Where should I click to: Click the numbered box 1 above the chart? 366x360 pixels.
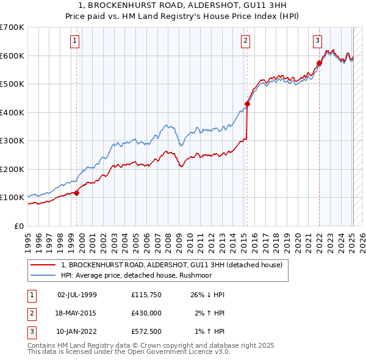coord(74,41)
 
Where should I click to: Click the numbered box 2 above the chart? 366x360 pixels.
coord(245,41)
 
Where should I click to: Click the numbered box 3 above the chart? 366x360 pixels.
coord(317,41)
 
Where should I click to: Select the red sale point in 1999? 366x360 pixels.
coord(77,193)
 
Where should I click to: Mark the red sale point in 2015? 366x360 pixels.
coord(248,104)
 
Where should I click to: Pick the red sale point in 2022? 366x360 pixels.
coord(319,63)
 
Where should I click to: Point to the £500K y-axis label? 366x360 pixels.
coord(12,84)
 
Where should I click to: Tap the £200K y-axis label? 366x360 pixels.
coord(12,169)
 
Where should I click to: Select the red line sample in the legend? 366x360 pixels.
coord(43,265)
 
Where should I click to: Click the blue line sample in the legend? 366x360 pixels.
coord(43,275)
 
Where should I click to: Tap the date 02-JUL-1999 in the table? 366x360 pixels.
coord(77,295)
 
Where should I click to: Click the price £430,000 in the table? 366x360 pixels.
coord(146,313)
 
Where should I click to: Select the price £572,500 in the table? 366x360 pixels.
coord(146,331)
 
